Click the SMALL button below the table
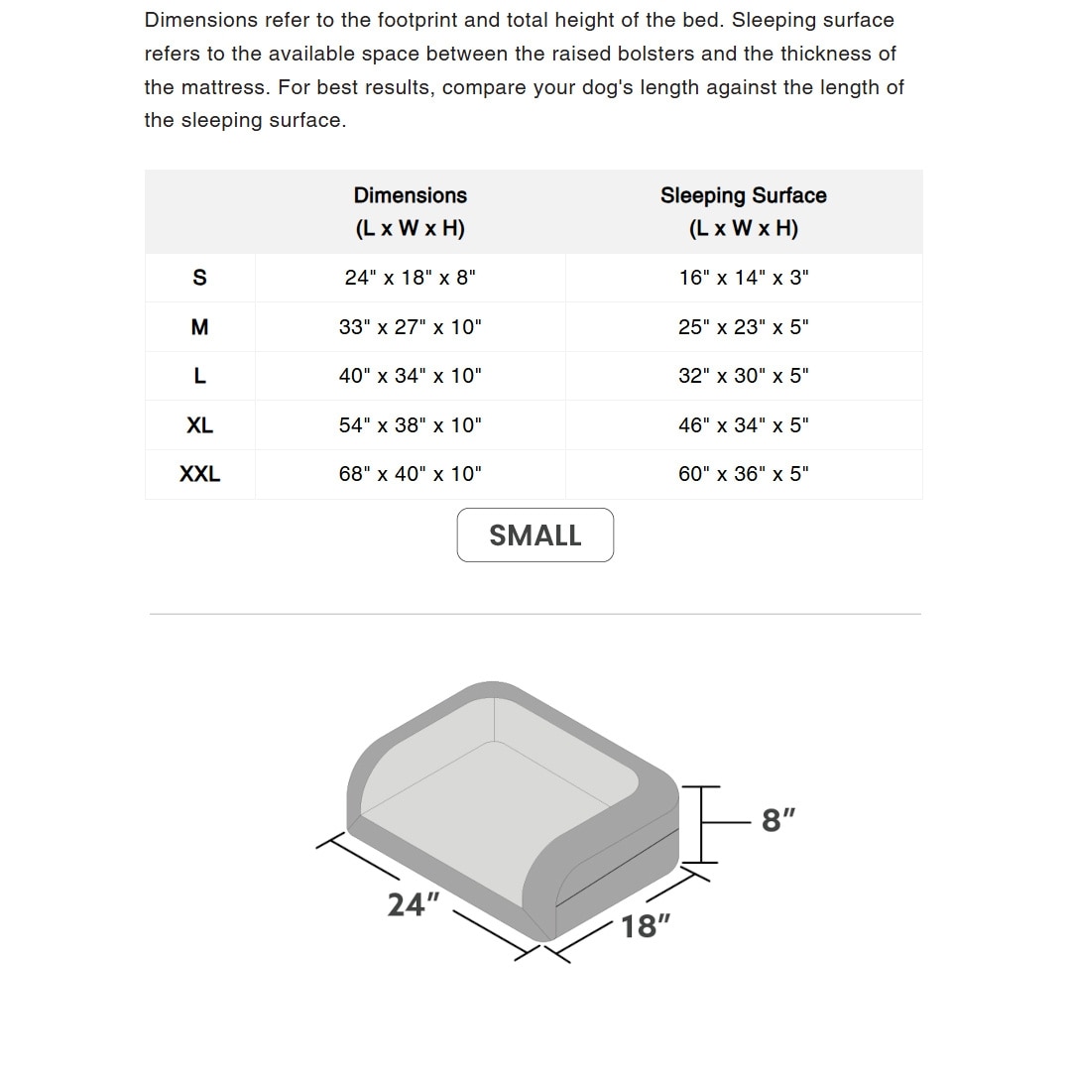(535, 535)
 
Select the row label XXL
(199, 474)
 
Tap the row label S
(199, 278)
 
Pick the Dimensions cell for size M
(410, 327)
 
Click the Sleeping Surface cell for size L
(744, 376)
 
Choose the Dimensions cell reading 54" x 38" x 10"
(410, 425)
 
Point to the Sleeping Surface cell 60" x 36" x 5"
(744, 474)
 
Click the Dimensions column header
(410, 211)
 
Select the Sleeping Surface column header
(744, 211)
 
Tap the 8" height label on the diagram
(778, 821)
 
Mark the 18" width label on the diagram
(646, 926)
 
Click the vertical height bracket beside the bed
(701, 824)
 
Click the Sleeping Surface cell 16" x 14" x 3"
(744, 278)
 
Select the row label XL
(199, 425)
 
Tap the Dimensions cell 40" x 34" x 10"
(410, 376)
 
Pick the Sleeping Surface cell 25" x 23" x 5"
(744, 327)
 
